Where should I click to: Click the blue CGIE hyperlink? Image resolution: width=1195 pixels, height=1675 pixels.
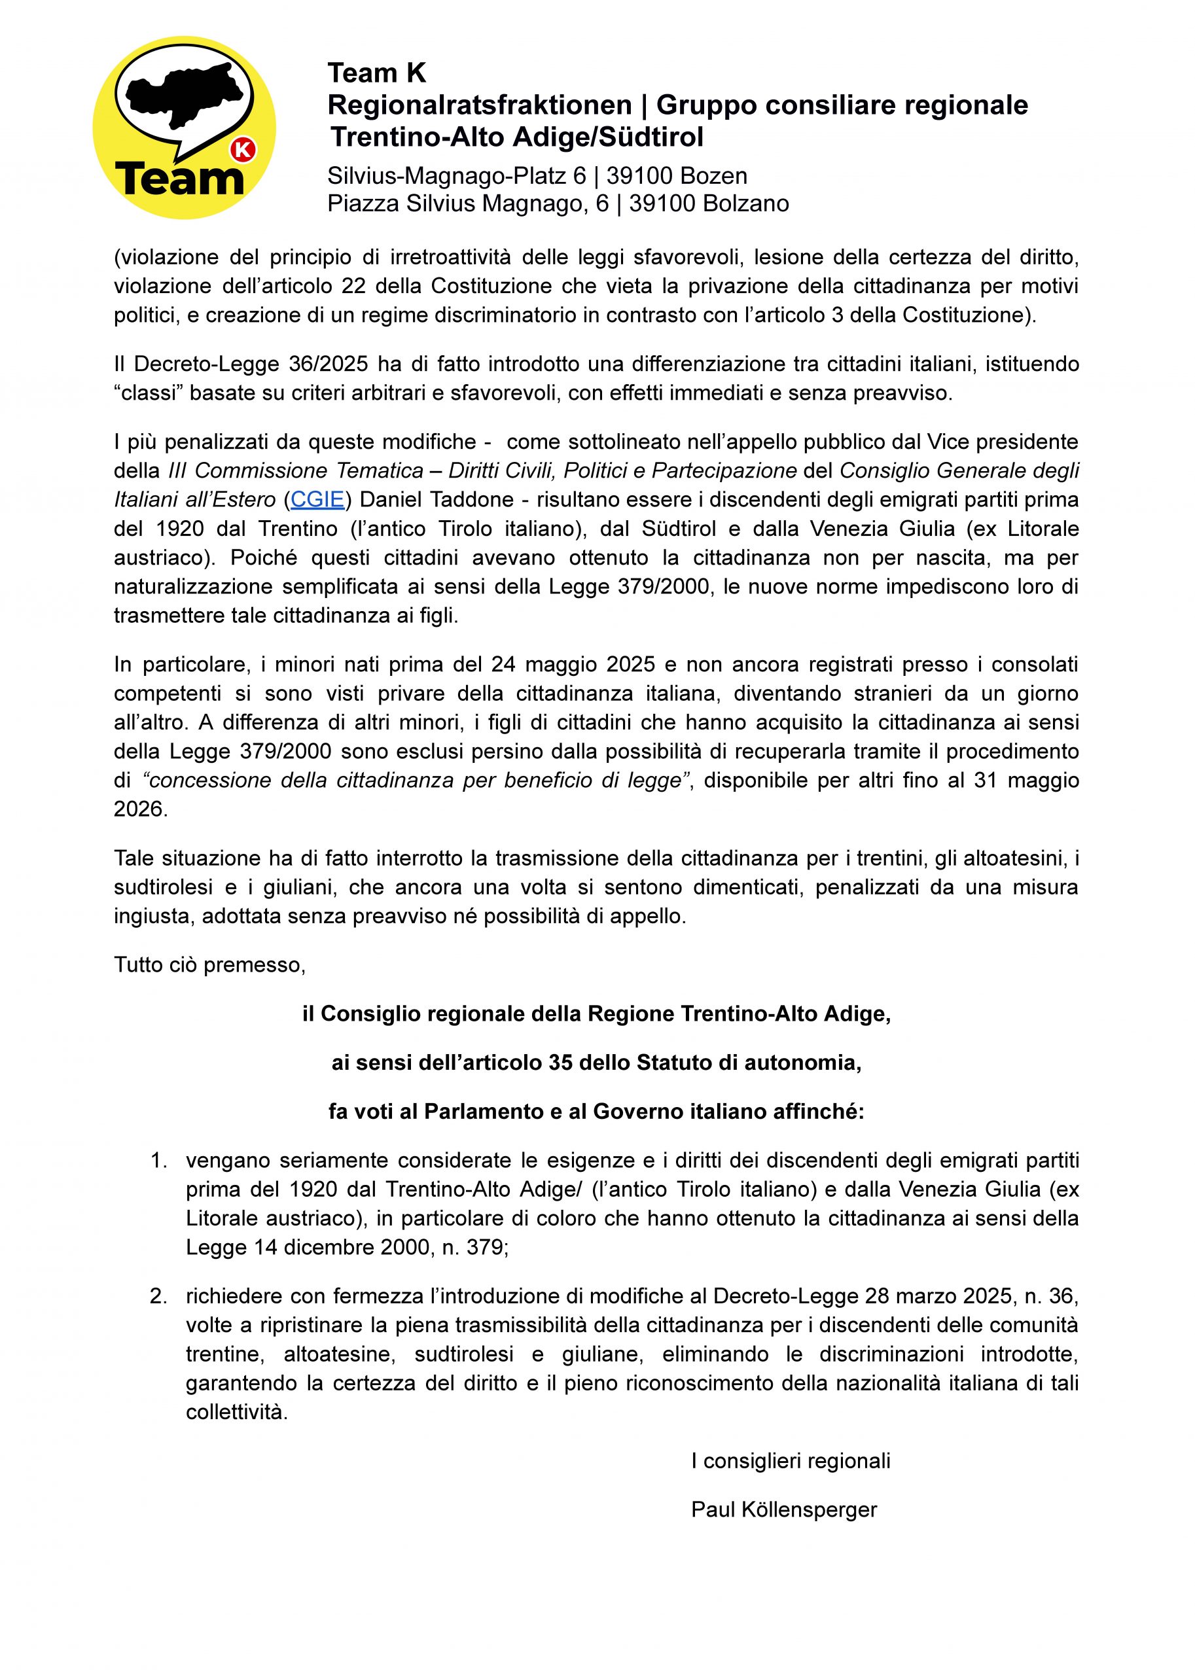coord(317,499)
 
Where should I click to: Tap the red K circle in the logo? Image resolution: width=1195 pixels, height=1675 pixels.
coord(243,150)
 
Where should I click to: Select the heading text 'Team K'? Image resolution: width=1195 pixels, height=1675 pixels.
coord(377,73)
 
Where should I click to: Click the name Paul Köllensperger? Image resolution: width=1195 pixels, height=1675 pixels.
coord(783,1510)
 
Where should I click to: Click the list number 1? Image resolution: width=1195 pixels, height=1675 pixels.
coord(158,1161)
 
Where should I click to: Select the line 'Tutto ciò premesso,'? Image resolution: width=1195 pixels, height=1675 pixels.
coord(209,964)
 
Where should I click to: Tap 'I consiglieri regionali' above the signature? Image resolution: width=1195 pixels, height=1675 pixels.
coord(791,1461)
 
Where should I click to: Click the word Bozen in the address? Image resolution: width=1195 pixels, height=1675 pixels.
coord(713,176)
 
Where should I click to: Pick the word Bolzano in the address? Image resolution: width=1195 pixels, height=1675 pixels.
coord(745,203)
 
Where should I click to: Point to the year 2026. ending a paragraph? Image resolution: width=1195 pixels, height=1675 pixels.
coord(141,809)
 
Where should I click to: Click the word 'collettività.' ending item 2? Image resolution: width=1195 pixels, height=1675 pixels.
coord(236,1413)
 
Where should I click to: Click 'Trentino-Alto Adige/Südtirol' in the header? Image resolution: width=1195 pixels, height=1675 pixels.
coord(517,137)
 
